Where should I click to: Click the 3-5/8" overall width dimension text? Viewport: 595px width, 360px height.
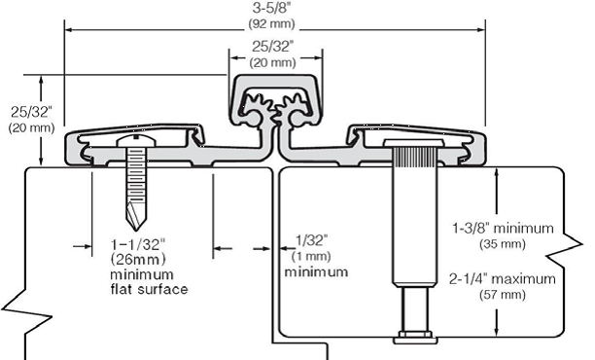pyautogui.click(x=271, y=8)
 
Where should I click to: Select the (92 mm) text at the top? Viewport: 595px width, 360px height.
pyautogui.click(x=271, y=23)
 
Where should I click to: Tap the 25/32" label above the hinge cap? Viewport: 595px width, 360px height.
pyautogui.click(x=273, y=47)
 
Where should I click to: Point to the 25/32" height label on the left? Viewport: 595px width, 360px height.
pyautogui.click(x=31, y=112)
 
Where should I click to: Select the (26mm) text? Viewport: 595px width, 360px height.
pyautogui.click(x=138, y=260)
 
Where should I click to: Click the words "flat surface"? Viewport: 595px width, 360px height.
pyautogui.click(x=149, y=289)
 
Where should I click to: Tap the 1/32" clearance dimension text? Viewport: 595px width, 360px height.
pyautogui.click(x=311, y=240)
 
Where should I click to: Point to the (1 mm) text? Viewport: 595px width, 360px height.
pyautogui.click(x=311, y=256)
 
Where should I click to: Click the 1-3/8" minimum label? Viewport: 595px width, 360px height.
pyautogui.click(x=503, y=229)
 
